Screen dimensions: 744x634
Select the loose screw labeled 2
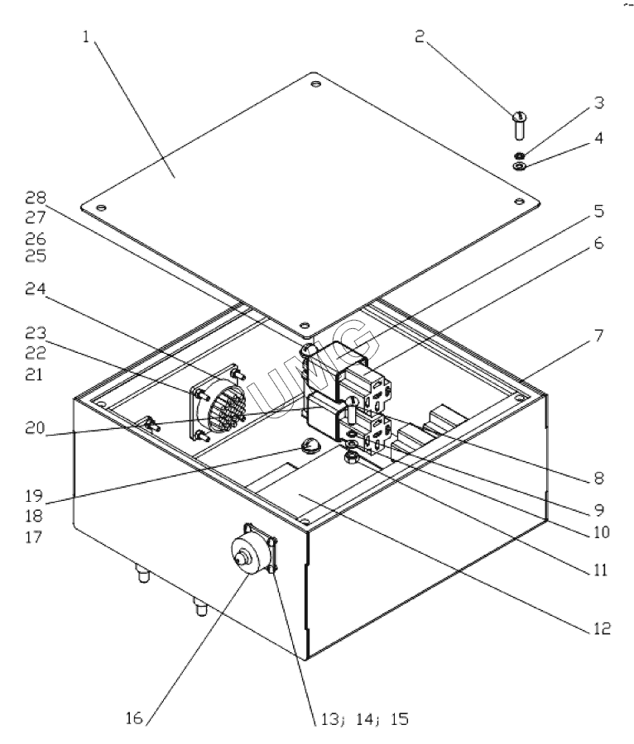[x=520, y=125]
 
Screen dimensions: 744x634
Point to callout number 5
[x=599, y=211]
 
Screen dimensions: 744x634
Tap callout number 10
[x=599, y=532]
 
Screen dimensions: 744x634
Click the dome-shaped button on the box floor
[x=311, y=448]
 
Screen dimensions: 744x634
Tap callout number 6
[x=599, y=246]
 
